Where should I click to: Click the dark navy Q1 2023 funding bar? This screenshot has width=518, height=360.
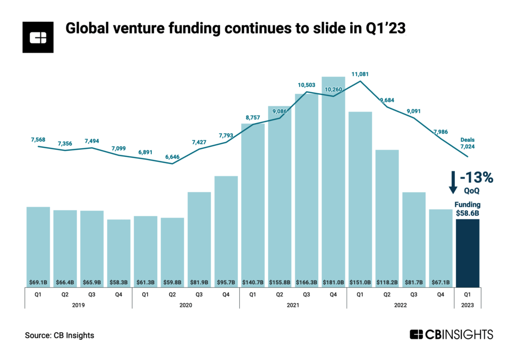pos(467,253)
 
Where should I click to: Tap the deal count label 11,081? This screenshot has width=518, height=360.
pos(360,74)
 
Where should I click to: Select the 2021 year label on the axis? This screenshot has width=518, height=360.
pos(293,305)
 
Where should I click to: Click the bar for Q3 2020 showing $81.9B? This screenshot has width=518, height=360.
pos(199,238)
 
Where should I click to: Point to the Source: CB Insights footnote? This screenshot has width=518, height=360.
pos(59,335)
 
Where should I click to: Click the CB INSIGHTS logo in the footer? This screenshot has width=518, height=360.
pos(451,335)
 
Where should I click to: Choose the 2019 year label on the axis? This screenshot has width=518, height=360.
pos(78,305)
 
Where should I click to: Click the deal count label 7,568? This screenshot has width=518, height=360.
pos(38,139)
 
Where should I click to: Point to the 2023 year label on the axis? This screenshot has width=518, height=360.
pos(467,305)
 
